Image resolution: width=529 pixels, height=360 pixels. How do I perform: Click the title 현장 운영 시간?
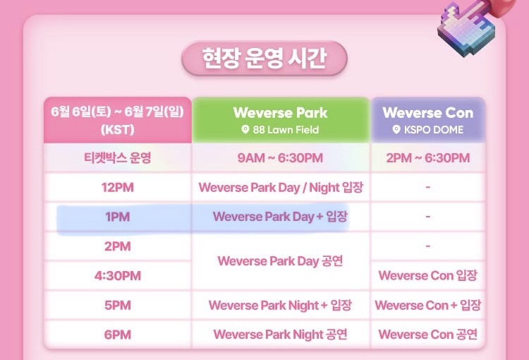tap(264, 58)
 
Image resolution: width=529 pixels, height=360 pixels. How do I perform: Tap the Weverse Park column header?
tap(280, 113)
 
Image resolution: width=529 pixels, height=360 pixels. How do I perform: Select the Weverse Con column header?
tap(428, 113)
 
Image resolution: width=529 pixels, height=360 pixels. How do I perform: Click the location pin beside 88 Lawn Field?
tap(245, 129)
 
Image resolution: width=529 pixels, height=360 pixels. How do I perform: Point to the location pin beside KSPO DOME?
tap(396, 129)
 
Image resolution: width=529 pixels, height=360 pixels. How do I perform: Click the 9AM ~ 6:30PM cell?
tap(280, 157)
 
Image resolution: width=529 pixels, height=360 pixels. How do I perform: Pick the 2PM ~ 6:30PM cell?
tap(428, 157)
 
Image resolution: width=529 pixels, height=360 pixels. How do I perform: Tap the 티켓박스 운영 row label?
tap(117, 157)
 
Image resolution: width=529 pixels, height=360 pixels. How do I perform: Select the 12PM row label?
tap(117, 188)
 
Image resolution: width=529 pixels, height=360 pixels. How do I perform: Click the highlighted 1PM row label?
tap(117, 217)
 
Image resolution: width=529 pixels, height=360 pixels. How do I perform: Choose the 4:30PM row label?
tap(117, 276)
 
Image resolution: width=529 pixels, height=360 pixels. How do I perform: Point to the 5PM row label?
tap(117, 305)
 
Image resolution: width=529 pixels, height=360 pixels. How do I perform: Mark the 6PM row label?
tap(117, 335)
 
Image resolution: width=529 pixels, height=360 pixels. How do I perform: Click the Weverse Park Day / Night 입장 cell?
tap(281, 188)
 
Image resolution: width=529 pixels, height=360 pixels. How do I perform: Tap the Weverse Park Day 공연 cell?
tap(280, 261)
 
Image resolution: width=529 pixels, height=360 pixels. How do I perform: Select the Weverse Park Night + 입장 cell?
tap(280, 305)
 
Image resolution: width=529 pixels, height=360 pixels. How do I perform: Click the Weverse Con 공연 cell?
tap(428, 335)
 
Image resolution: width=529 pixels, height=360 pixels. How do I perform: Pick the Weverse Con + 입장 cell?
tap(428, 305)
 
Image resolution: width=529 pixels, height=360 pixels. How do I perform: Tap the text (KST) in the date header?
tap(117, 130)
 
